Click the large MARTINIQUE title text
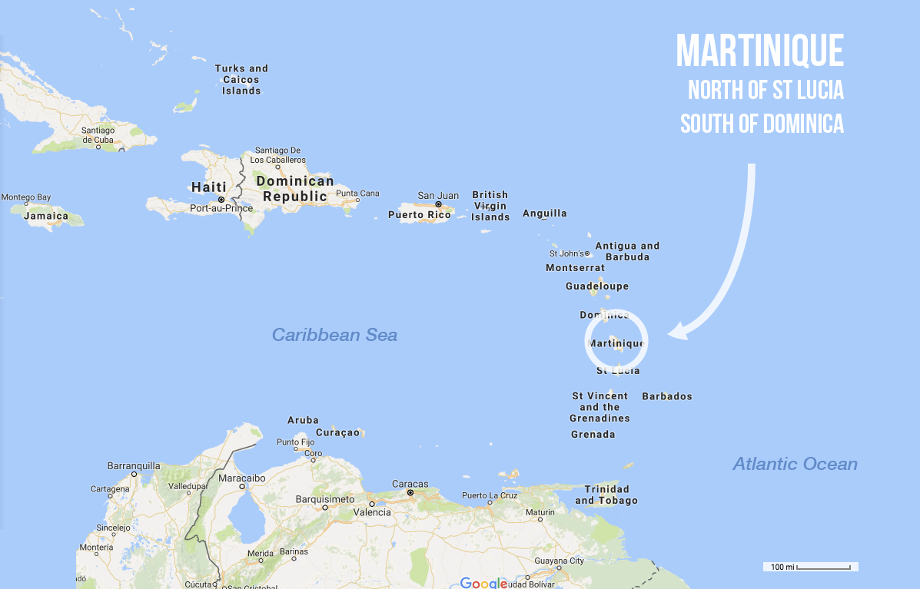(x=759, y=51)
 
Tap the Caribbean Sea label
(x=334, y=335)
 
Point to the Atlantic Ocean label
(x=795, y=464)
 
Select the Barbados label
(x=667, y=397)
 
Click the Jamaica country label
(x=46, y=217)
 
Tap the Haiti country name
(x=209, y=187)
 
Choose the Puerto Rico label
(x=420, y=215)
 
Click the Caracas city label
(x=410, y=484)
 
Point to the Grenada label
(x=593, y=435)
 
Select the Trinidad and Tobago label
(x=606, y=495)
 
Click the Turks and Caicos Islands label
(x=241, y=80)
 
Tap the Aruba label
(x=303, y=421)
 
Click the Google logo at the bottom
(x=483, y=583)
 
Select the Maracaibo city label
(x=242, y=478)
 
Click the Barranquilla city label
(x=134, y=465)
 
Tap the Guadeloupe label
(x=597, y=286)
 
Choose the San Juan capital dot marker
(x=438, y=204)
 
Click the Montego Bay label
(x=25, y=197)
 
